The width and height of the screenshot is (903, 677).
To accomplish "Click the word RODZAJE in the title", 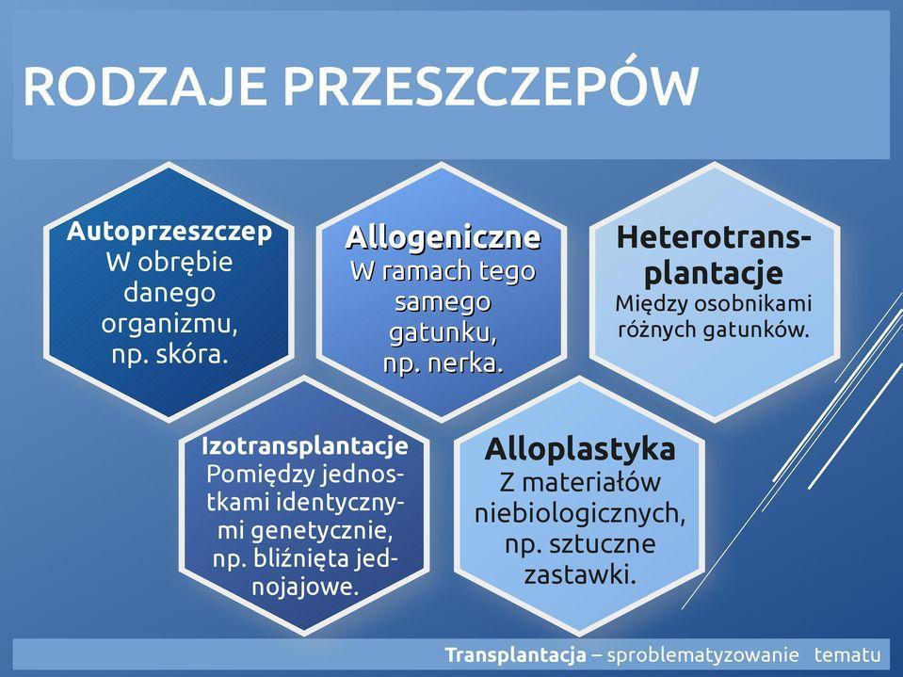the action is coord(144,86).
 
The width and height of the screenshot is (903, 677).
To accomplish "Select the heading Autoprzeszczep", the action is coord(169,232).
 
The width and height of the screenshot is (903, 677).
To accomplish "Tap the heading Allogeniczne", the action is coord(443,237).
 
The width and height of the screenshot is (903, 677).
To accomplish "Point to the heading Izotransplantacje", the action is coord(305,446).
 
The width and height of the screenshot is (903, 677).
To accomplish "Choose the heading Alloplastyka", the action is coord(580,449).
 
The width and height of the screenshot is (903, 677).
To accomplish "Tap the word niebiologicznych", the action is coord(580,513).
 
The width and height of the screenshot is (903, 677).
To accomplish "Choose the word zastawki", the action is coord(579,574).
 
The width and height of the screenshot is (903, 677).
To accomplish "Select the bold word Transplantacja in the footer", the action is coord(515,655).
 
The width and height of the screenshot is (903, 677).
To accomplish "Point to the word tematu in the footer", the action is coord(847,655).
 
